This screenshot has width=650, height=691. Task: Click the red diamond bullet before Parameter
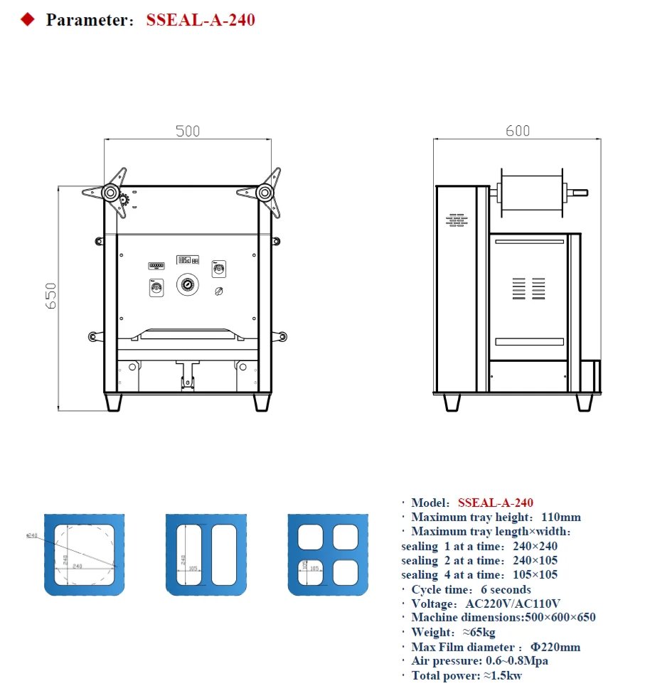tap(28, 20)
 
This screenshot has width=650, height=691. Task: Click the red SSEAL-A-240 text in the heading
tap(200, 20)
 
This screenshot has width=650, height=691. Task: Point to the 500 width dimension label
tap(188, 131)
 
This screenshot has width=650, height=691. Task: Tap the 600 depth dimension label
tap(518, 131)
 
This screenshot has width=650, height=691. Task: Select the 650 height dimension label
tap(50, 296)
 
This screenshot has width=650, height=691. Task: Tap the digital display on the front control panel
tap(188, 260)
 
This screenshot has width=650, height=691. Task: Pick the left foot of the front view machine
tap(113, 402)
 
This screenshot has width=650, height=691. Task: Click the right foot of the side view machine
tap(584, 402)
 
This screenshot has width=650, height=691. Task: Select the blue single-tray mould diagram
tap(86, 554)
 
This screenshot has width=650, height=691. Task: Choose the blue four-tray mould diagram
tap(328, 554)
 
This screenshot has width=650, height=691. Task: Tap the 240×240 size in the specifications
tap(535, 546)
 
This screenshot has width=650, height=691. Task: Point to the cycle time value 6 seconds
tap(506, 589)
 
